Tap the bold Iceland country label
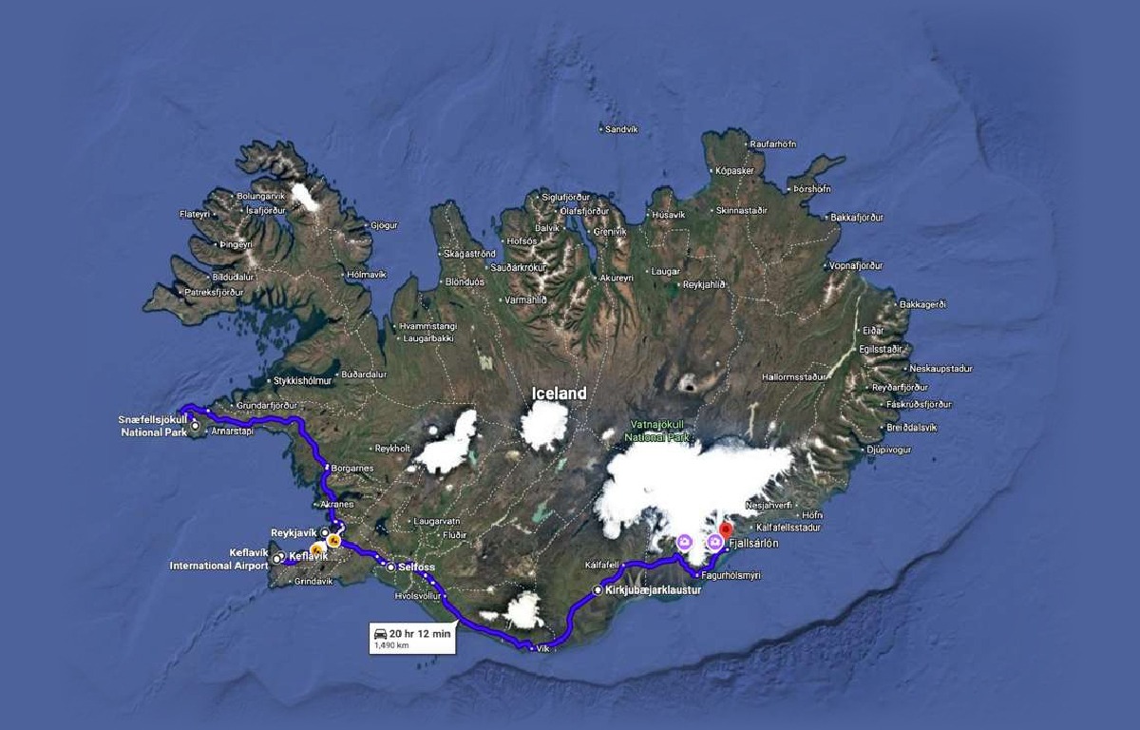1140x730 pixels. [x=559, y=394]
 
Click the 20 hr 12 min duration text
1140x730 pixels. [x=419, y=633]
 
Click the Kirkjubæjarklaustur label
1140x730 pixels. [x=653, y=590]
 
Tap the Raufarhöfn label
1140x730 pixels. [x=772, y=144]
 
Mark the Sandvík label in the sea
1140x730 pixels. [x=622, y=128]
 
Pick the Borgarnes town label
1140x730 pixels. [x=352, y=469]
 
